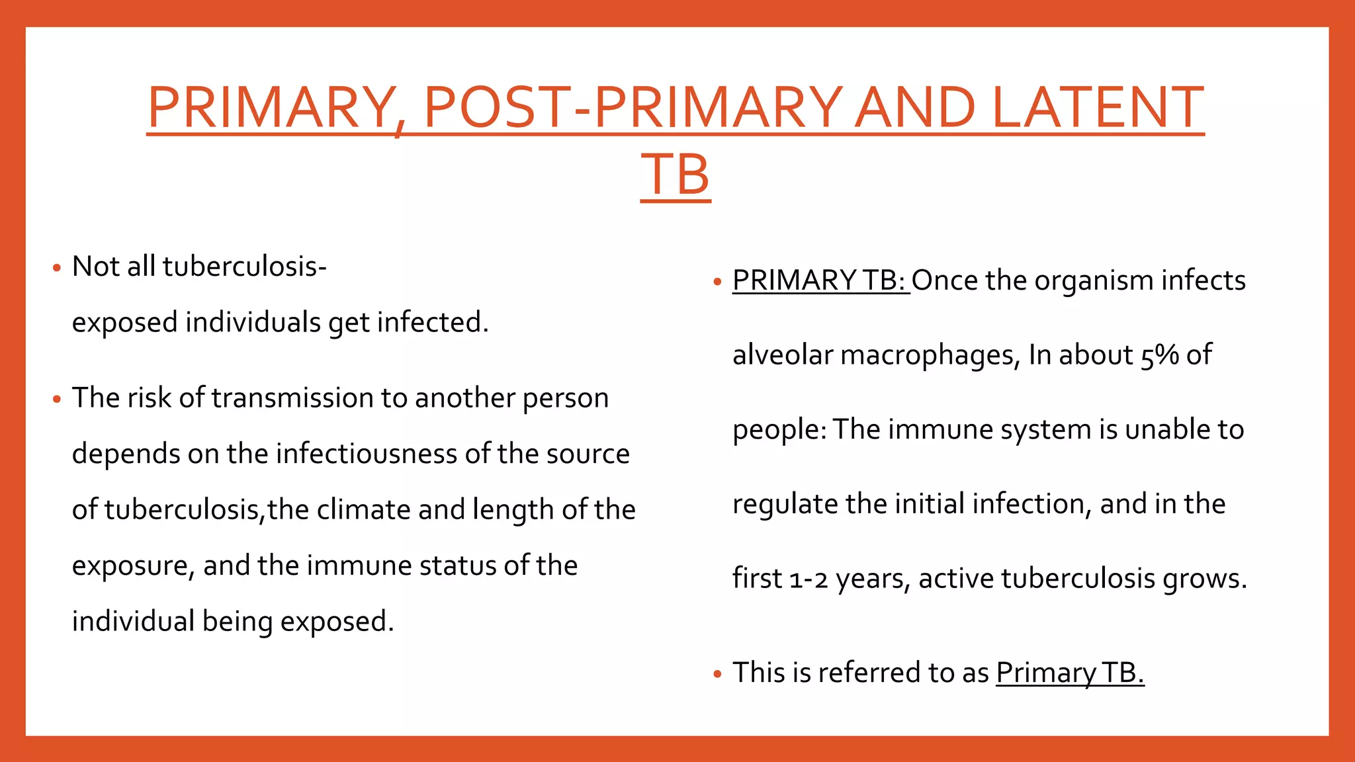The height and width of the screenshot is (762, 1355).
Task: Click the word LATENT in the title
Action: pyautogui.click(x=1098, y=107)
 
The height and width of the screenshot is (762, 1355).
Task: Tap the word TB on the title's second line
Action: pyautogui.click(x=676, y=175)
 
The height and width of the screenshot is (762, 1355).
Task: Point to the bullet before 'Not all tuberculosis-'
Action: pyautogui.click(x=57, y=269)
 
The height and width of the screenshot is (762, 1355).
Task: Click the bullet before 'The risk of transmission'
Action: pyautogui.click(x=57, y=400)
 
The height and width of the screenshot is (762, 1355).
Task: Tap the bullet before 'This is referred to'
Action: pyautogui.click(x=718, y=675)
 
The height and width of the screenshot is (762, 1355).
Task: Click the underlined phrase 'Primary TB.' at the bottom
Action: pyautogui.click(x=1070, y=673)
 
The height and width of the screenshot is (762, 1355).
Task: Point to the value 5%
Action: pyautogui.click(x=1159, y=355)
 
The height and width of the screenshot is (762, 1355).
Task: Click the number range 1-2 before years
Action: pyautogui.click(x=809, y=579)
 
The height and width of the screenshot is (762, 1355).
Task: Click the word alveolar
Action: pyautogui.click(x=782, y=355)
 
